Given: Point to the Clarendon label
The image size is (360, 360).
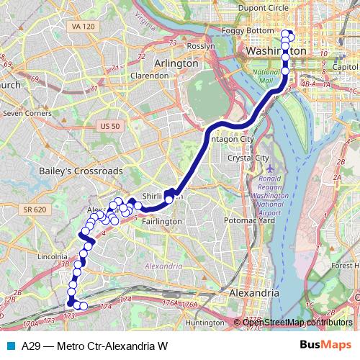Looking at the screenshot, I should point(149,75).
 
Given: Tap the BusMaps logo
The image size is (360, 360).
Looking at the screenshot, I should point(325,345).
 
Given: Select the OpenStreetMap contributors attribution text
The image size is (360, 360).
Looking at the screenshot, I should point(298,322).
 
